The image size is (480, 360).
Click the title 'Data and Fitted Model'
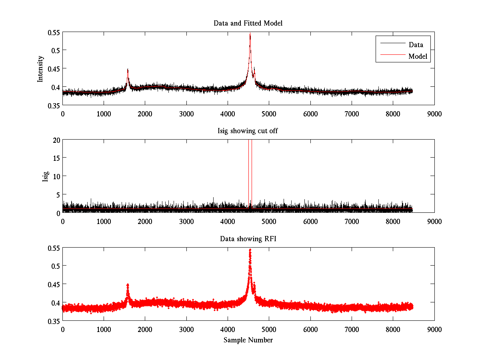pos(248,23)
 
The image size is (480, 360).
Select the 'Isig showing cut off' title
pos(248,131)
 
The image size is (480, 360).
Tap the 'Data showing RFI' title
pos(248,239)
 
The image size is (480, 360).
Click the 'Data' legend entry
pos(416,45)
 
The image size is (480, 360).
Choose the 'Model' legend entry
pos(418,56)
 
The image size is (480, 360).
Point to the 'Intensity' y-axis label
pos(40,68)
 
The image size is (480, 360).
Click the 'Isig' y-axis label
pos(45,176)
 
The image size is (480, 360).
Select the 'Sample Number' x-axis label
pos(248,340)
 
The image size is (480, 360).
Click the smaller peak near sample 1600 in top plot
pos(128,70)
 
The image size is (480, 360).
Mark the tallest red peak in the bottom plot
pos(250,250)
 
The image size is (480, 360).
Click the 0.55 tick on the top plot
pos(52,32)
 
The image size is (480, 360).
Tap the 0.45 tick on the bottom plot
pos(52,284)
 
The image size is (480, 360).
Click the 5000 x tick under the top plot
pos(269,114)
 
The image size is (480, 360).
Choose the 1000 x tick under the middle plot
pos(104,221)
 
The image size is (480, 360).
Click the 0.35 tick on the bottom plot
pos(52,321)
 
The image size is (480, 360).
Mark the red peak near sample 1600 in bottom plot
pos(128,285)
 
